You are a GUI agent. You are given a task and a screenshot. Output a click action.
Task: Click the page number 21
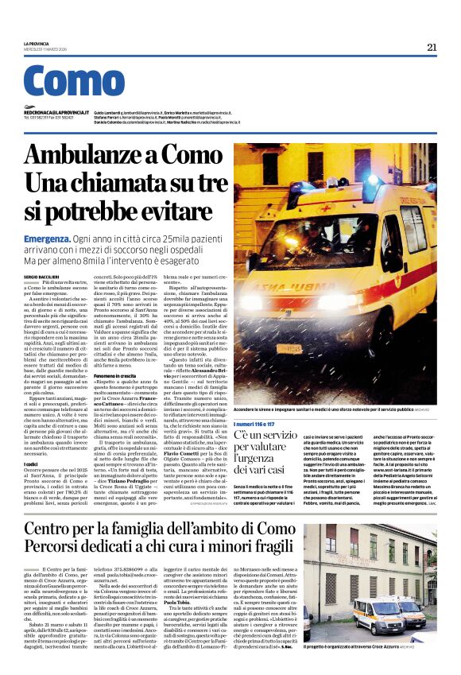click(x=432, y=47)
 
